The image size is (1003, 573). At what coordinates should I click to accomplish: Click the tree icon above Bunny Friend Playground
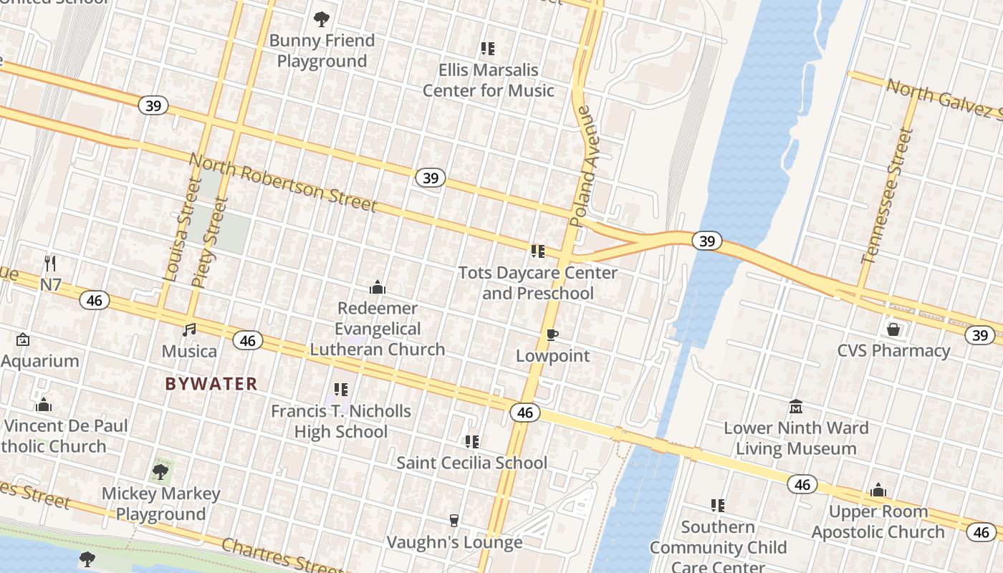322,19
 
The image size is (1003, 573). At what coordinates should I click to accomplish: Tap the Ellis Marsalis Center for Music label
488,80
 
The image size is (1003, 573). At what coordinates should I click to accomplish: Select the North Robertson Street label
283,184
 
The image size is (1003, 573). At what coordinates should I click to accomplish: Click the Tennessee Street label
888,196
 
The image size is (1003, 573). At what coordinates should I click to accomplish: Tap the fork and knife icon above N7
50,264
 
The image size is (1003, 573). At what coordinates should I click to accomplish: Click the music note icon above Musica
189,329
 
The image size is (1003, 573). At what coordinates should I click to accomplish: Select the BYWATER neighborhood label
211,384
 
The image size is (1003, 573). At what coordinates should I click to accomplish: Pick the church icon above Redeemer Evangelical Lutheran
378,288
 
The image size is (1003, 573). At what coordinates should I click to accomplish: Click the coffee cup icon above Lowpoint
552,334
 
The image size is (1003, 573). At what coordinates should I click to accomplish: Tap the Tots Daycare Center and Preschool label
538,283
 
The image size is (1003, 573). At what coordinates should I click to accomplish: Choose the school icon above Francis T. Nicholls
341,390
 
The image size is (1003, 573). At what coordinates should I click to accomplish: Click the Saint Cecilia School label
471,463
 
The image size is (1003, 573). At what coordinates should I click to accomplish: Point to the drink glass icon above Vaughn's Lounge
453,521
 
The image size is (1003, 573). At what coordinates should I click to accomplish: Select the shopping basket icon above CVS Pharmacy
893,329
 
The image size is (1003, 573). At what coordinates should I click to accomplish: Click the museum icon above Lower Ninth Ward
795,407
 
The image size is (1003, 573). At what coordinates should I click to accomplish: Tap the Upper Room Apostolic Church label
878,521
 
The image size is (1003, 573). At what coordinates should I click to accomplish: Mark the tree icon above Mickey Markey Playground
160,471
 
